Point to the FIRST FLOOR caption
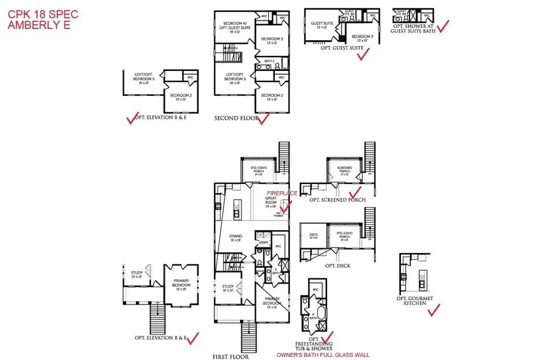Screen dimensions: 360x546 [x=230, y=357]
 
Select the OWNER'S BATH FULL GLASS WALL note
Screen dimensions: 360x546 [x=323, y=355]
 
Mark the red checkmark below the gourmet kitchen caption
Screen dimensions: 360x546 [x=434, y=311]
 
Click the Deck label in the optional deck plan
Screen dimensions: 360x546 [x=314, y=236]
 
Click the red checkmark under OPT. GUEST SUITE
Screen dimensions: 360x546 [x=363, y=55]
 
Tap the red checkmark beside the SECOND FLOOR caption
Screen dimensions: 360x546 [x=264, y=120]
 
